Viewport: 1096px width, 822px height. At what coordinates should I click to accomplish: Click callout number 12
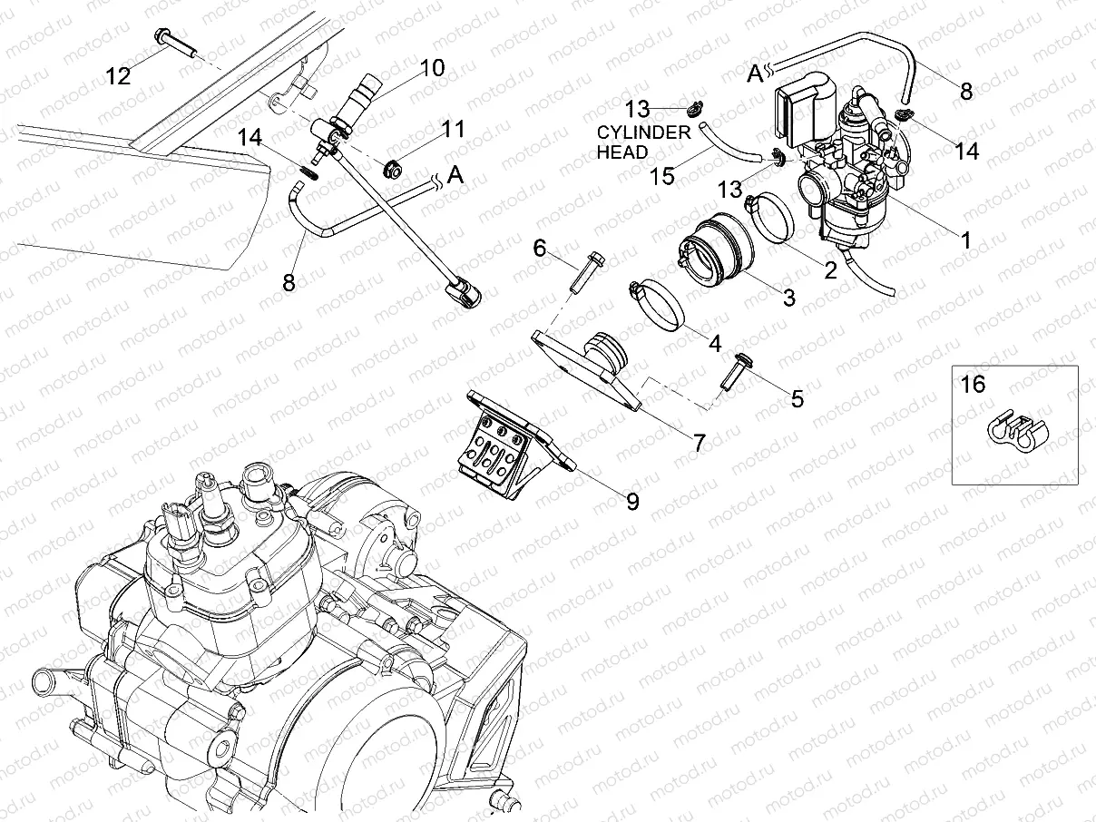click(118, 76)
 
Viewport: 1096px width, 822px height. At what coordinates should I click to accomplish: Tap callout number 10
click(432, 68)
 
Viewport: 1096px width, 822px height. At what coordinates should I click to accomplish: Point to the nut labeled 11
click(395, 168)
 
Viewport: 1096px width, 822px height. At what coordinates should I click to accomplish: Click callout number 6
click(539, 249)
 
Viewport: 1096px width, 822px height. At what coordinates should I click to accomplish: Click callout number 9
click(631, 500)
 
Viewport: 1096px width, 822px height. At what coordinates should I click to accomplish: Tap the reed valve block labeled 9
click(508, 437)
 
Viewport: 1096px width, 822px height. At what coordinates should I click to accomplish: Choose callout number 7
click(699, 443)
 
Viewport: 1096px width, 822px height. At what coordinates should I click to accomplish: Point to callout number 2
click(829, 269)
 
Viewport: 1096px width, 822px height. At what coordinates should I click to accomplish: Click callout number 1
click(965, 240)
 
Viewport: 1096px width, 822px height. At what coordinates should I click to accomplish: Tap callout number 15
click(663, 175)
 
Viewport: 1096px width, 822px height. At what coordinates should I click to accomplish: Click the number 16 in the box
click(973, 385)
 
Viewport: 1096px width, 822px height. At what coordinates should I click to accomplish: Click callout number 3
click(788, 297)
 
